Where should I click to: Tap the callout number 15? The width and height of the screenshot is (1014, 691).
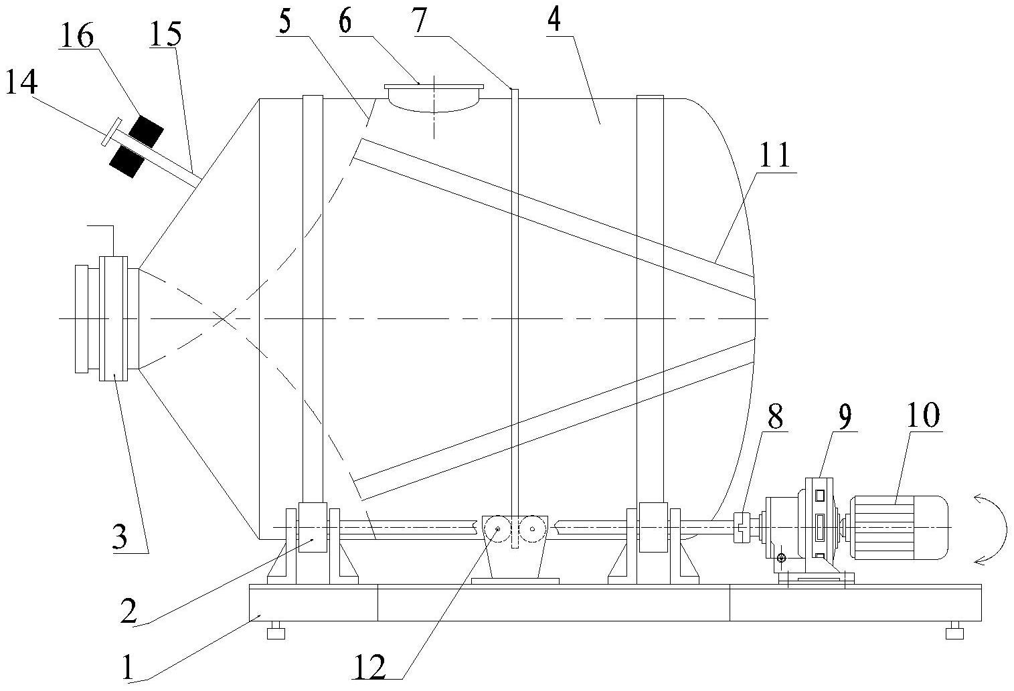click(165, 33)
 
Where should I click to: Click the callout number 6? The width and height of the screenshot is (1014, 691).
click(345, 21)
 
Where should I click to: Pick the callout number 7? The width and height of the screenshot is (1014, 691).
click(419, 21)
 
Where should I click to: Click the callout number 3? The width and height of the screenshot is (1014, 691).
click(120, 537)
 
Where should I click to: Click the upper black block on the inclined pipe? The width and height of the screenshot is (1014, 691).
click(146, 129)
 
